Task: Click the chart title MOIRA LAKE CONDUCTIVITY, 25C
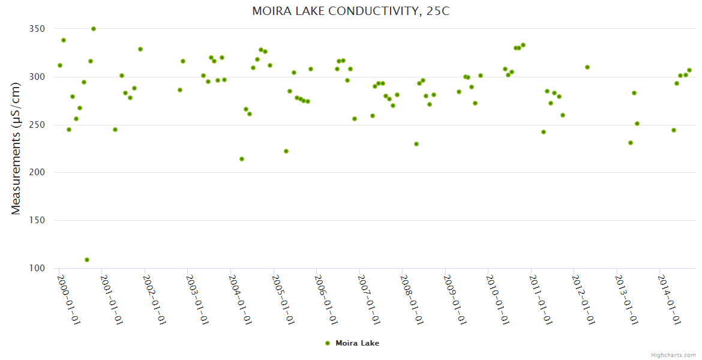(x=350, y=11)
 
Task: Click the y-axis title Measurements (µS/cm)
(x=16, y=148)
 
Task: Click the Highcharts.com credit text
(x=673, y=355)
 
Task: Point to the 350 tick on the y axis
(x=37, y=29)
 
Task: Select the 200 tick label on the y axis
(x=37, y=173)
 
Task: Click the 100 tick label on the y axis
(x=37, y=268)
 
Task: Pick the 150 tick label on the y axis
(x=37, y=221)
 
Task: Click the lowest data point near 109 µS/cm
(x=87, y=260)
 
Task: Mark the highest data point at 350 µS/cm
(x=94, y=29)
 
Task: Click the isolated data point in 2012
(x=587, y=67)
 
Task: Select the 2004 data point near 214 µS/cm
(x=242, y=159)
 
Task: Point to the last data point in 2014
(x=689, y=70)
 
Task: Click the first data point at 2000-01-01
(x=60, y=65)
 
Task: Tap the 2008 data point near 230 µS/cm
(x=416, y=144)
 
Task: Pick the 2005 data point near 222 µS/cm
(x=286, y=151)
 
